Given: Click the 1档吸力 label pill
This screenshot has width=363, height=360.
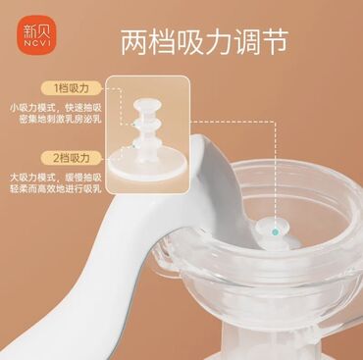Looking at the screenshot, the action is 71,88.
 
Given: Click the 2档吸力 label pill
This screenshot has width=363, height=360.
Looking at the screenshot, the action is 71,158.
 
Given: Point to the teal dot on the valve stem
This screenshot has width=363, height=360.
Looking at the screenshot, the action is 276,232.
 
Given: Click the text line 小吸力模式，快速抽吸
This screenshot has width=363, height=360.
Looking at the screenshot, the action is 56,108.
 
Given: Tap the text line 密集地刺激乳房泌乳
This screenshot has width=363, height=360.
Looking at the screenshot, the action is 60,119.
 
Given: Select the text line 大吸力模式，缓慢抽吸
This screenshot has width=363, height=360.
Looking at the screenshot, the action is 56,178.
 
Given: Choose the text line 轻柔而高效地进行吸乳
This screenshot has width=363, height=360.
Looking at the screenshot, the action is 56,189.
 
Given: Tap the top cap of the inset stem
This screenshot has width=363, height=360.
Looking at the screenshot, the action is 147,105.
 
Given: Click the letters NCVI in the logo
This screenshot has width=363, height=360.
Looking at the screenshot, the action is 37,43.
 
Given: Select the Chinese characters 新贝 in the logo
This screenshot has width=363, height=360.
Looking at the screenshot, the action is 37,31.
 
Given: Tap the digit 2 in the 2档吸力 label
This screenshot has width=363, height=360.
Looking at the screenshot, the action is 56,158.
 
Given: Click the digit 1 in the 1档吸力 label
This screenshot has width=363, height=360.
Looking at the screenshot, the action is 56,88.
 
